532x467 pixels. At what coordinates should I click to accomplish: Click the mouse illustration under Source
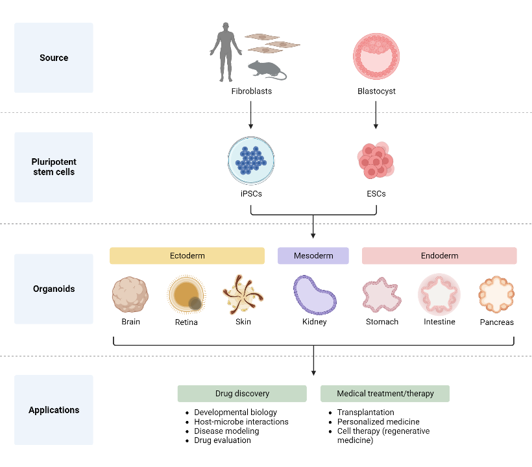click(265, 69)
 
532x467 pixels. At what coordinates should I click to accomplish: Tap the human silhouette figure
click(225, 49)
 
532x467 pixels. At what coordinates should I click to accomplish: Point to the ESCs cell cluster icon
click(375, 160)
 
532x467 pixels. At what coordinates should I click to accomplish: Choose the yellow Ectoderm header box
click(187, 256)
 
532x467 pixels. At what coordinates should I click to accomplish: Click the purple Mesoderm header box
click(313, 256)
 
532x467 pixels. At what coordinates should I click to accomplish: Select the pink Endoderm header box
click(439, 256)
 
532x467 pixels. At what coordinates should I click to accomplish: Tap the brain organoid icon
click(130, 293)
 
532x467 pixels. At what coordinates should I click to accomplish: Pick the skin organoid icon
click(243, 293)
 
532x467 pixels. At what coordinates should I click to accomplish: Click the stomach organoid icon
click(381, 294)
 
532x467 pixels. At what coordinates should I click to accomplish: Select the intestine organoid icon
click(439, 293)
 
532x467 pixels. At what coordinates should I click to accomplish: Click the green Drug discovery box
click(242, 394)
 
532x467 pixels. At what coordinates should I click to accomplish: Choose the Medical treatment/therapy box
click(385, 394)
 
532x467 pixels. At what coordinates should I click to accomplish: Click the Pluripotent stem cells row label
click(54, 167)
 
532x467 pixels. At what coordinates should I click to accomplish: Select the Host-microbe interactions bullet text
click(241, 422)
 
